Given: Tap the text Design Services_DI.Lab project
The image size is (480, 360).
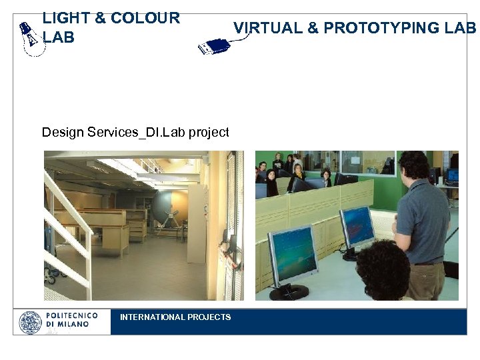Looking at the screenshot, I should (x=135, y=132).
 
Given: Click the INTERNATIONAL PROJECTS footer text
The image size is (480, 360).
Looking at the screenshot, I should (x=175, y=317).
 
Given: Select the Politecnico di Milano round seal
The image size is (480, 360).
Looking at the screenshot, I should (x=30, y=323).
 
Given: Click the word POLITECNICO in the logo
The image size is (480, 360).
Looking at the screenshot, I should (x=72, y=315).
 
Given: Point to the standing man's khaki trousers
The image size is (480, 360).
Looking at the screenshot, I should (x=427, y=280).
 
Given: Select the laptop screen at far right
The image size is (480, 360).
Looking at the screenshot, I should (x=453, y=175).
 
